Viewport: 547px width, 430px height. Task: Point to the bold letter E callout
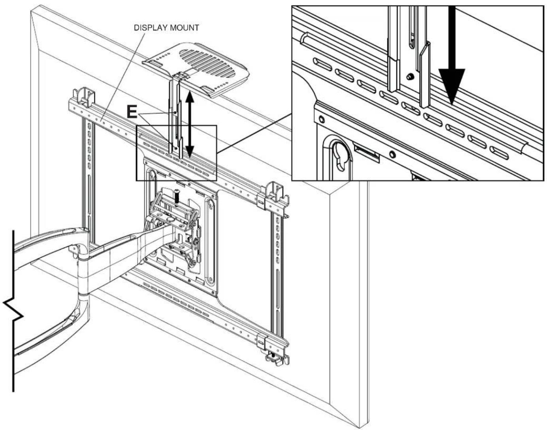[132, 112]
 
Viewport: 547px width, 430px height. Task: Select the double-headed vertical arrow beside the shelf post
[190, 123]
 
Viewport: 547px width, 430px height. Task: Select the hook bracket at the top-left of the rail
[84, 97]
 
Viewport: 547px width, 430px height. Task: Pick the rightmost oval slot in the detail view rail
[499, 152]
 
